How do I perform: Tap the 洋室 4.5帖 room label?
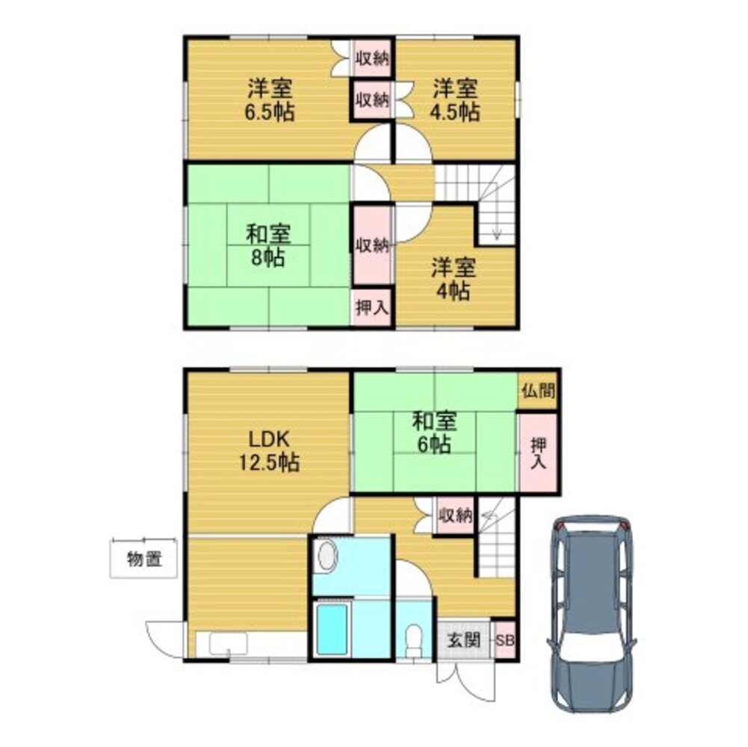pos(454,101)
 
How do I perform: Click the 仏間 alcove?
pos(538,390)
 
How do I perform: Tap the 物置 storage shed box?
pos(144,559)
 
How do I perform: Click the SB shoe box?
pos(505,641)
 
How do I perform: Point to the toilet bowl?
pos(412,640)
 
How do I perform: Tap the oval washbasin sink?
pos(327,557)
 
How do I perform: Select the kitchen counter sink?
pos(228,644)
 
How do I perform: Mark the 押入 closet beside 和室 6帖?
pos(538,453)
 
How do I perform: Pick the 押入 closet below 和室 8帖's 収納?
pos(371,309)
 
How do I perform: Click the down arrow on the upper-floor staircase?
pos(498,232)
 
